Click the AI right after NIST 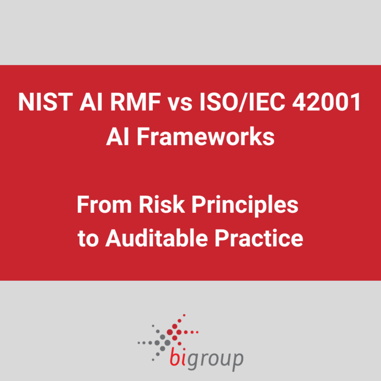click(x=82, y=103)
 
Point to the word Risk click(x=160, y=205)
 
